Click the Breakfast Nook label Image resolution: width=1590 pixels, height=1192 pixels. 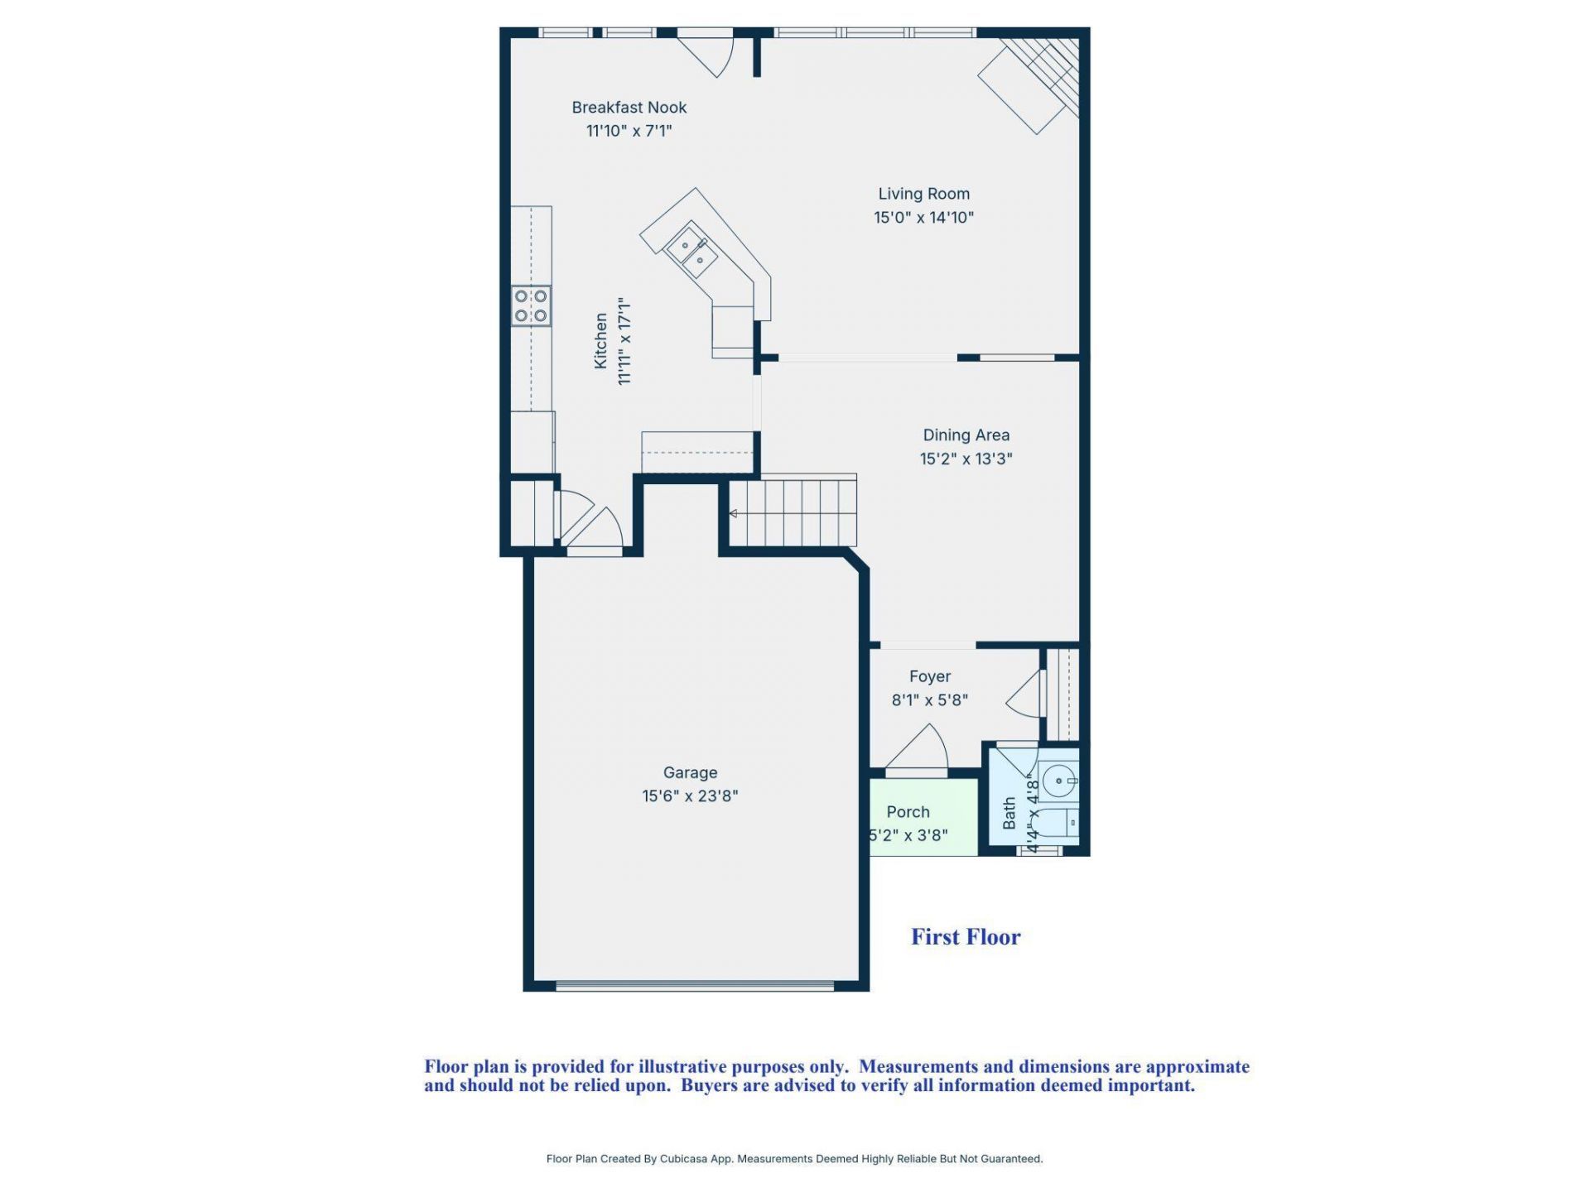(629, 108)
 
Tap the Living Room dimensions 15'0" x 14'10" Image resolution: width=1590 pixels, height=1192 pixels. (923, 218)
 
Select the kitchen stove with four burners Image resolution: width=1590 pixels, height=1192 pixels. (531, 305)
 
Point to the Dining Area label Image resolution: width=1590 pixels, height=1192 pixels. (966, 435)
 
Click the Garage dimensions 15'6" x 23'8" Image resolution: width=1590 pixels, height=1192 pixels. (690, 796)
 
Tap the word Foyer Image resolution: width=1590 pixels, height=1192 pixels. (929, 677)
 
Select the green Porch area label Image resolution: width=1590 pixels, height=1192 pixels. (908, 812)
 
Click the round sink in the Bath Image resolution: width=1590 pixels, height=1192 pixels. (1058, 781)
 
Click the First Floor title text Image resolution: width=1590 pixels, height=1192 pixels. (966, 937)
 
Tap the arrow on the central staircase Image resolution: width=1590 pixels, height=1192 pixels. (734, 514)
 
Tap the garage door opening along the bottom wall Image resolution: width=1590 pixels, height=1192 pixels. (694, 986)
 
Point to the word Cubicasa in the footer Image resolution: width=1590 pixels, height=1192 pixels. (684, 1159)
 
